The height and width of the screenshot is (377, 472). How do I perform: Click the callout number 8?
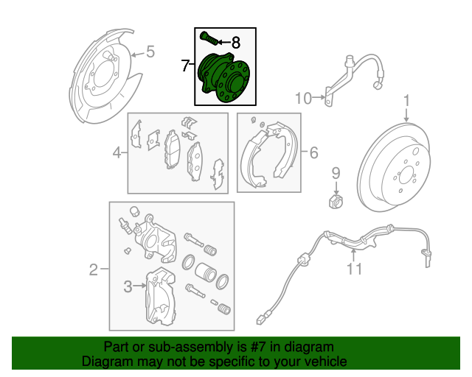[x=236, y=43]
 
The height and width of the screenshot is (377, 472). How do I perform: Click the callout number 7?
[x=185, y=66]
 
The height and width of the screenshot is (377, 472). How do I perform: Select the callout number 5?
[x=150, y=52]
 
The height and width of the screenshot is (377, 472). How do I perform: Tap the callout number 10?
[x=303, y=99]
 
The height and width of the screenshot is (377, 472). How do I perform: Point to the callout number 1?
[x=406, y=101]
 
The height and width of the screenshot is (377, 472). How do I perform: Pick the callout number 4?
[x=117, y=152]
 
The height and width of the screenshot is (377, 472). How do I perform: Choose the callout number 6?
[x=313, y=152]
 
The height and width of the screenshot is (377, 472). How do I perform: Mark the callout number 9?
[x=336, y=174]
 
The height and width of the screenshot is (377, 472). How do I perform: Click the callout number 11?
[x=354, y=269]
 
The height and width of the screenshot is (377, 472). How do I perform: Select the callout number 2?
[x=94, y=269]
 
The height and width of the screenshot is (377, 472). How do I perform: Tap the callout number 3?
[x=128, y=286]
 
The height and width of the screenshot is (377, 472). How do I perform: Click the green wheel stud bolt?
[x=209, y=38]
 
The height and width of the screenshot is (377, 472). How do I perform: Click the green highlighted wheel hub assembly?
[x=224, y=77]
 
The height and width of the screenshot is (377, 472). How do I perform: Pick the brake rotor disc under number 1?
[x=393, y=167]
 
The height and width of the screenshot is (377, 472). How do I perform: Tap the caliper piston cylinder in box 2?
[x=205, y=272]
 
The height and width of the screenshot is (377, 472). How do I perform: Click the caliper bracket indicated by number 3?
[x=160, y=297]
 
